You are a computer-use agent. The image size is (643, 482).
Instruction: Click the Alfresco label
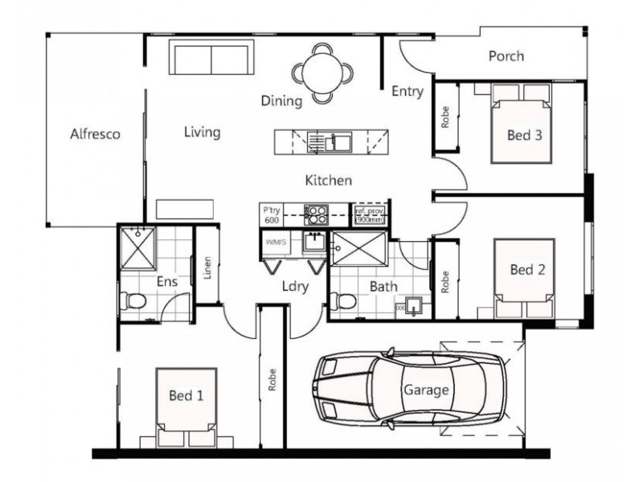pyautogui.click(x=95, y=134)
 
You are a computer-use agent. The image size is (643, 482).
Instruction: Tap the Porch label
pyautogui.click(x=506, y=56)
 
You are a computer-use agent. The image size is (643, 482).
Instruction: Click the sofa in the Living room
pyautogui.click(x=208, y=59)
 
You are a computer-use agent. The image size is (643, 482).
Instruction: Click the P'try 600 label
pyautogui.click(x=271, y=214)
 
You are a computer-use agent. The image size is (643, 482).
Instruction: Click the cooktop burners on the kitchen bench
pyautogui.click(x=315, y=214)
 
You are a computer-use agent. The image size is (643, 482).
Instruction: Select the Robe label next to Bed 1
pyautogui.click(x=272, y=378)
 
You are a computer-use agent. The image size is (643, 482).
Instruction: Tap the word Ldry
pyautogui.click(x=292, y=285)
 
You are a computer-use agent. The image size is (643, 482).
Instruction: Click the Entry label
pyautogui.click(x=407, y=92)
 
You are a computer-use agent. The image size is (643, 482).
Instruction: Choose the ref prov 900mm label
pyautogui.click(x=371, y=214)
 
